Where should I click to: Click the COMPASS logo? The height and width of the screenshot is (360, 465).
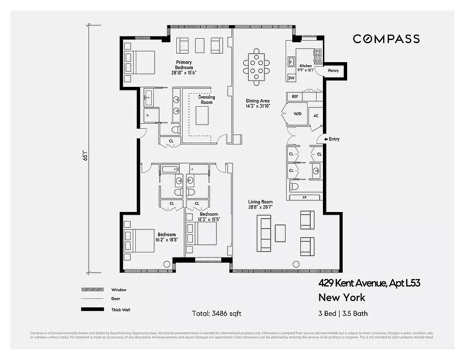point(386,39)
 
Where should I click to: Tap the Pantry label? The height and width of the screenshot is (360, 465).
point(333,71)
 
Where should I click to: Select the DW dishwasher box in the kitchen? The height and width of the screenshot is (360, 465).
point(291,78)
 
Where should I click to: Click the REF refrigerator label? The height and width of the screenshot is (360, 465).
point(295,97)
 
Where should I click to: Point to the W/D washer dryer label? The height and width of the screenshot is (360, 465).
point(297,114)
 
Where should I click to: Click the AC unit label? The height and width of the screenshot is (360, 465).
point(316,116)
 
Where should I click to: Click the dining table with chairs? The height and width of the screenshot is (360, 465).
point(256,67)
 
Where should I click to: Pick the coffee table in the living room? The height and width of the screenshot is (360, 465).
point(281,233)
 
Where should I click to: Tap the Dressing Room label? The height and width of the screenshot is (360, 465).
point(206,99)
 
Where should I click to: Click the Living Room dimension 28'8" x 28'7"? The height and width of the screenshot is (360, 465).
point(260,207)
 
